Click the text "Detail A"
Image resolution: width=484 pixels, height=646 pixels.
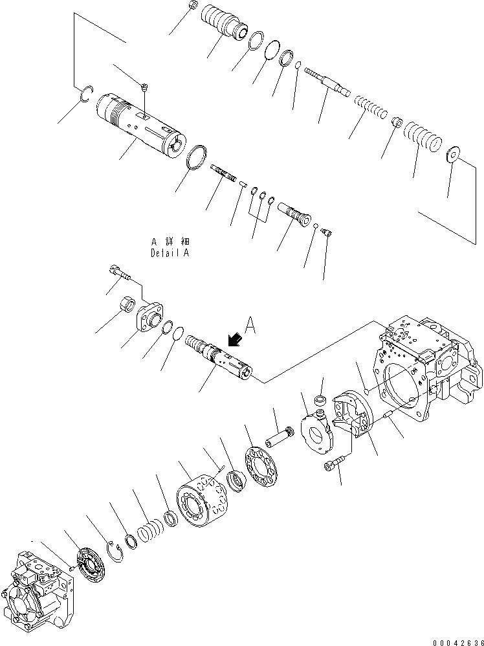pos(170,254)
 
